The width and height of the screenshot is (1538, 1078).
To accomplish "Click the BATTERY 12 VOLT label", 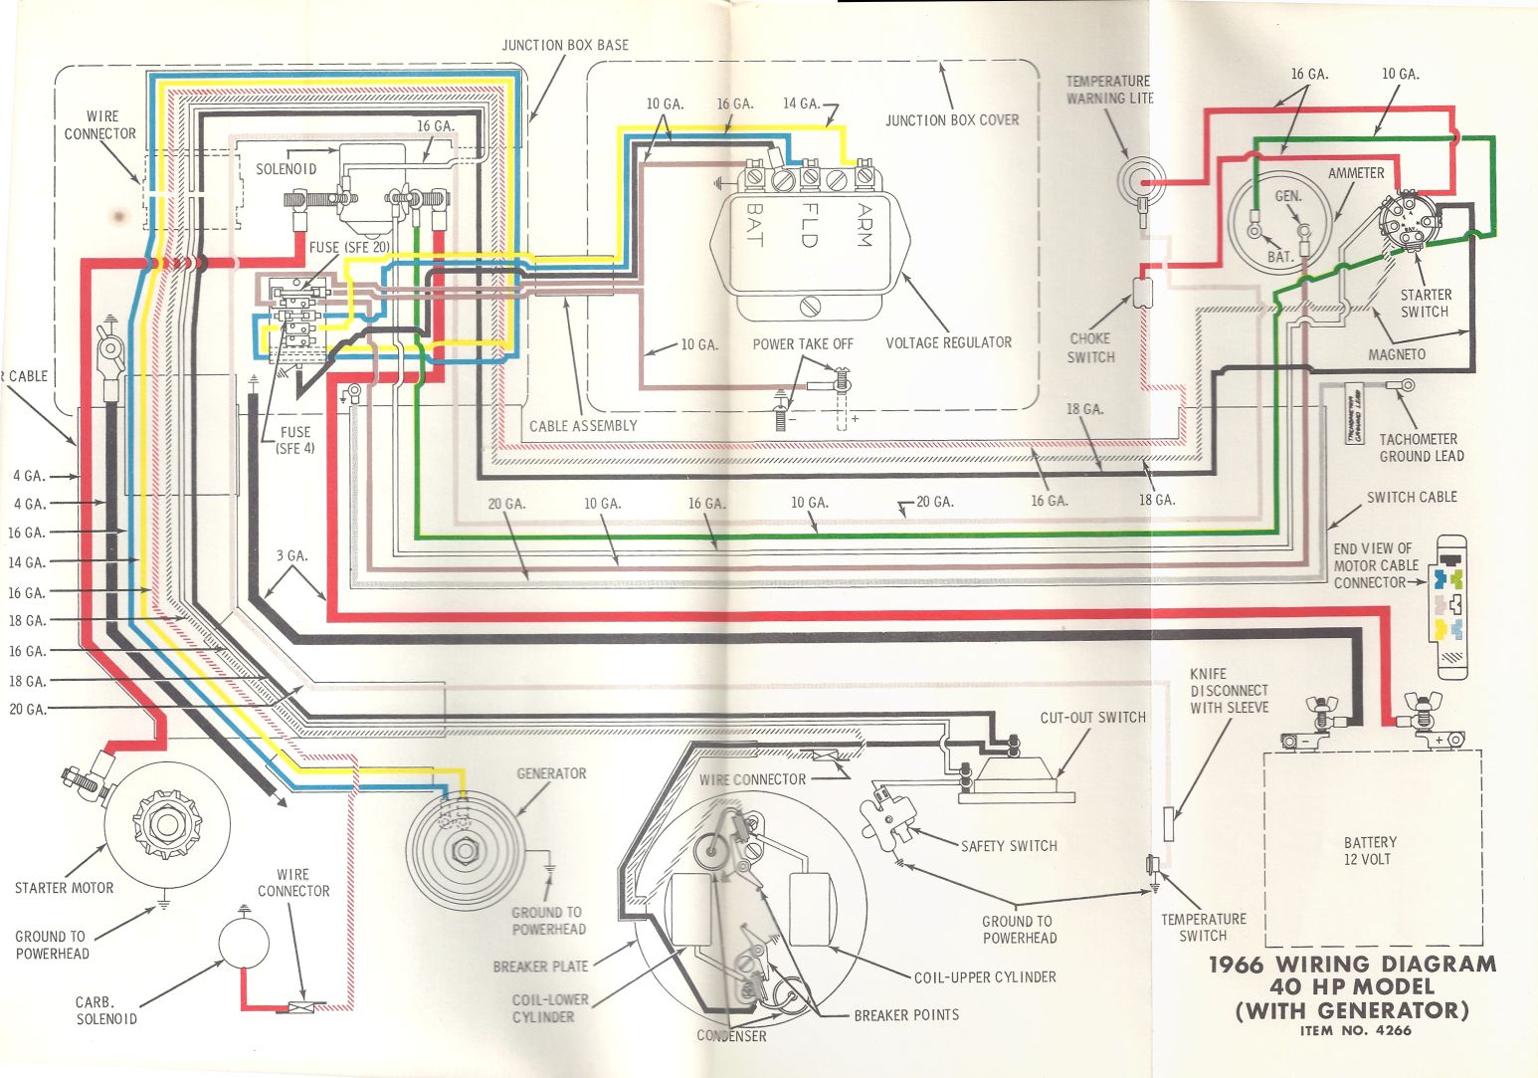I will click(1370, 850).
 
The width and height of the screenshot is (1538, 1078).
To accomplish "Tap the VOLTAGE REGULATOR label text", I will click(948, 342).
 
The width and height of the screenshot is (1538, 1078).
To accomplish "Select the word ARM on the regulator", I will click(862, 226).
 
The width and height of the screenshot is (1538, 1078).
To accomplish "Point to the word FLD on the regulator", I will click(808, 226).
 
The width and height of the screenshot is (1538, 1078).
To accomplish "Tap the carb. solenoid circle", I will click(243, 943).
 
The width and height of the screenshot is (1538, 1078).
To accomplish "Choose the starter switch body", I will click(1407, 222).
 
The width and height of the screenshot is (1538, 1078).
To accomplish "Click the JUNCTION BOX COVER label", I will click(952, 120).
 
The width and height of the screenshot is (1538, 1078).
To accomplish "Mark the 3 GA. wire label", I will click(291, 555).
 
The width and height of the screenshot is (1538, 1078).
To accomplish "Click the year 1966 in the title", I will click(1236, 964).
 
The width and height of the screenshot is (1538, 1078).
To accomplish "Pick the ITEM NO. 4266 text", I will click(1355, 1030).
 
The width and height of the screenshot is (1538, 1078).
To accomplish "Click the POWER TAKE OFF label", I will click(803, 343).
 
